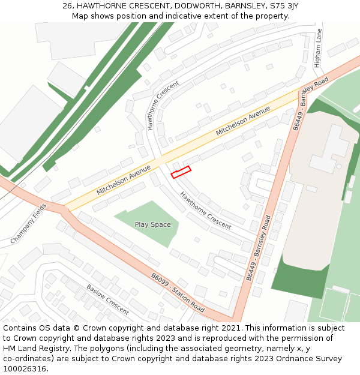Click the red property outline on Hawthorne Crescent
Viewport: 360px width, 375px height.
pyautogui.click(x=181, y=172)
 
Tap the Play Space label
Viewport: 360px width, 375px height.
pyautogui.click(x=152, y=224)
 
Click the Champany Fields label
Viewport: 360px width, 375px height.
pyautogui.click(x=28, y=223)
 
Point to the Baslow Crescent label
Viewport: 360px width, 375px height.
pyautogui.click(x=107, y=299)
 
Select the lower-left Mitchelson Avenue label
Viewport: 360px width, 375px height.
pyautogui.click(x=123, y=181)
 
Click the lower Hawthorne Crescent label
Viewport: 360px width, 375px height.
pyautogui.click(x=205, y=210)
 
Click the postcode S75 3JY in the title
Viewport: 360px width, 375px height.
pyautogui.click(x=284, y=6)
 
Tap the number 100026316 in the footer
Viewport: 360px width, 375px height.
pyautogui.click(x=24, y=368)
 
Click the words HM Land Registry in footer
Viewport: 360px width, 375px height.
pyautogui.click(x=35, y=348)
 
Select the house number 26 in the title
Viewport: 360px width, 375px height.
pyautogui.click(x=67, y=6)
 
